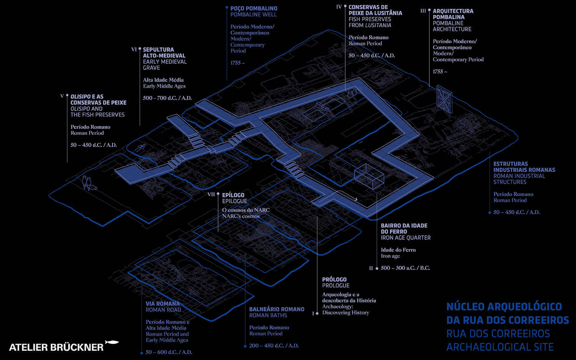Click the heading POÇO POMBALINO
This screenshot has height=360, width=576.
pos(253,8)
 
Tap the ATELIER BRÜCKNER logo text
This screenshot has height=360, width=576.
pos(56,347)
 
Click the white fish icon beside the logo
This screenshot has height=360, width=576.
pos(112,342)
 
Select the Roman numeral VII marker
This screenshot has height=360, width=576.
pos(211,195)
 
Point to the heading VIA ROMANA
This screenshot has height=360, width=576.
pos(162,304)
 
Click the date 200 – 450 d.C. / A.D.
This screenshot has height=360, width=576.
pos(274,346)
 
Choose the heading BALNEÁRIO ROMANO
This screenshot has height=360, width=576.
pos(276,309)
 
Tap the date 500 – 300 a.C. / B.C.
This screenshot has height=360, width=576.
pos(405,268)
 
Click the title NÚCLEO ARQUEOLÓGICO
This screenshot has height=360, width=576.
pos(504,307)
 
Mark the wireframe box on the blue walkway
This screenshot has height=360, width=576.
pos(369,177)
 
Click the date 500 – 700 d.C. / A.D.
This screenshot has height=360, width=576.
pos(167,98)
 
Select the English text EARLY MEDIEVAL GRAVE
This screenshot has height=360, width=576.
pos(165,64)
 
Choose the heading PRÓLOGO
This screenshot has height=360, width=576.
pos(334,279)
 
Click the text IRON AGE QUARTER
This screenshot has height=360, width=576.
pos(406,238)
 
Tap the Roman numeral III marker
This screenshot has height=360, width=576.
pos(423,11)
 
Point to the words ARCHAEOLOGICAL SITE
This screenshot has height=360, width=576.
pos(500,347)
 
